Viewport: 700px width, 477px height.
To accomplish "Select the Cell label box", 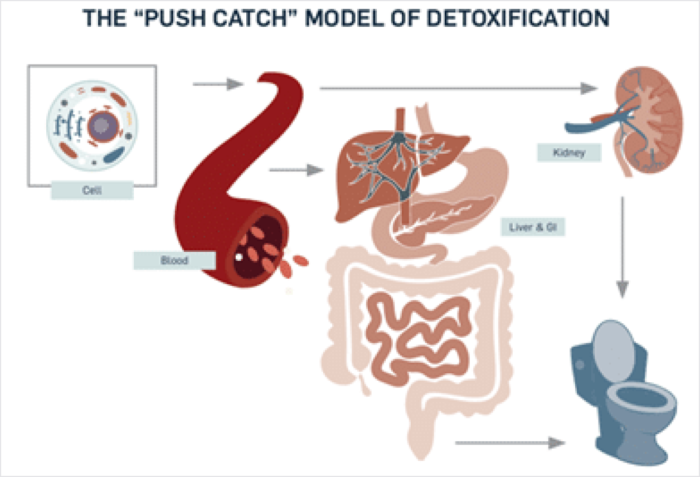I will tap(93, 191).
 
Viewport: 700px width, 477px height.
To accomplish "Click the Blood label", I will tap(174, 260).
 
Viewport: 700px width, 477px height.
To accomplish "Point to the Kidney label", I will tap(569, 152).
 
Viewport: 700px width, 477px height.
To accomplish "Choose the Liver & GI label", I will tap(533, 227).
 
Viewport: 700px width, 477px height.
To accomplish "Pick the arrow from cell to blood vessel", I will tap(218, 85).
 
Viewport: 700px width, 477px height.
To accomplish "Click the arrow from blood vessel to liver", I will tap(296, 170).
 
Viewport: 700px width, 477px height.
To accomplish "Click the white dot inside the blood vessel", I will tap(239, 257).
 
